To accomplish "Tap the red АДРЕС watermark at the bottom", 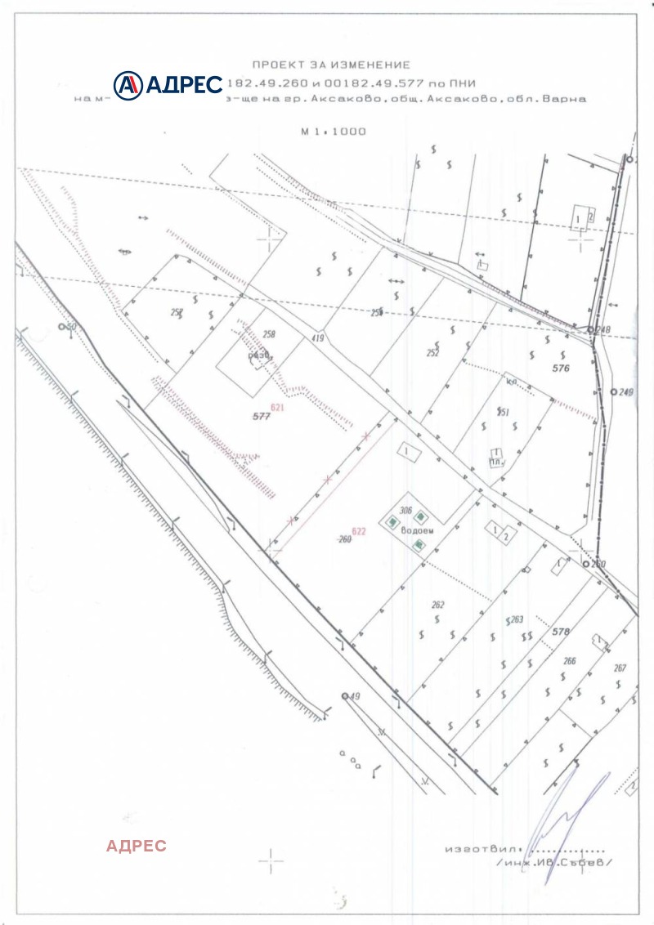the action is (136, 846).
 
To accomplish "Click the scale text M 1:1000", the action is (333, 131).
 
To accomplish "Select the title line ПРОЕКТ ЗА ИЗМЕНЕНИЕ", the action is (330, 64).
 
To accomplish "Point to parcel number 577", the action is (261, 417).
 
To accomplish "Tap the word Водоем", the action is (418, 530).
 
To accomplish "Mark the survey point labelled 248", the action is (591, 329).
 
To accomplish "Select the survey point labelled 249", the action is (614, 392).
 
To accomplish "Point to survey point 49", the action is (344, 696).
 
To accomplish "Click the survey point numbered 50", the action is (62, 326).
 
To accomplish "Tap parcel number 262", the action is (437, 605).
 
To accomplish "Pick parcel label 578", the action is (560, 632).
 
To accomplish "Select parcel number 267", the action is (620, 668).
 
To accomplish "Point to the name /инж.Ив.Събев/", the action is (553, 862).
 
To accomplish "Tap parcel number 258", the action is (269, 334).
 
